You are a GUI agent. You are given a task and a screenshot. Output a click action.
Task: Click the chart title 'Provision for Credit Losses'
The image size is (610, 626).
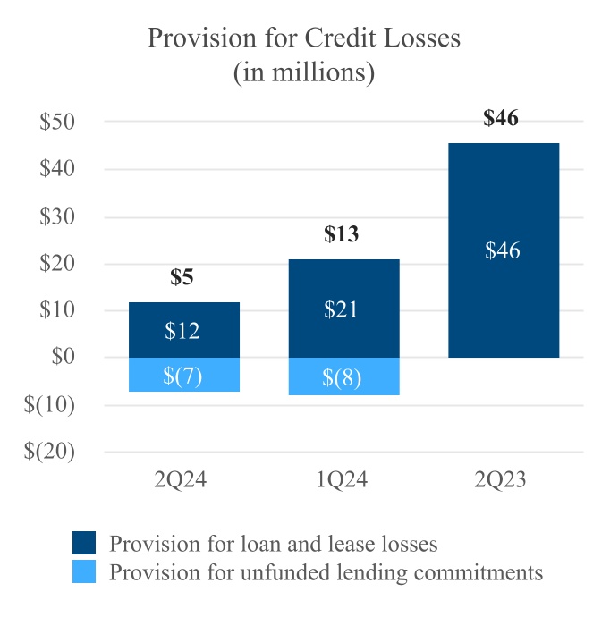[304, 38]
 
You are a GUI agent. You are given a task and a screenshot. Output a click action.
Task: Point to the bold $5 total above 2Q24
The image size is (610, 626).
[182, 277]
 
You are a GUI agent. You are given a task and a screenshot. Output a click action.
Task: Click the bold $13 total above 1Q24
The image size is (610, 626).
[341, 234]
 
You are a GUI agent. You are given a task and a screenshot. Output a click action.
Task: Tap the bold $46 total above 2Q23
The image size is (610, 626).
[501, 118]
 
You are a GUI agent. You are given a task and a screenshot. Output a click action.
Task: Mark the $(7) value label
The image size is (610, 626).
[183, 376]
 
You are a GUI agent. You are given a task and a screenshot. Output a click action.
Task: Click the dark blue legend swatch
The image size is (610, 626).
[84, 542]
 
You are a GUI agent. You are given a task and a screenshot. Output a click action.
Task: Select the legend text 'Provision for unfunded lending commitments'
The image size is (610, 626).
[326, 572]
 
